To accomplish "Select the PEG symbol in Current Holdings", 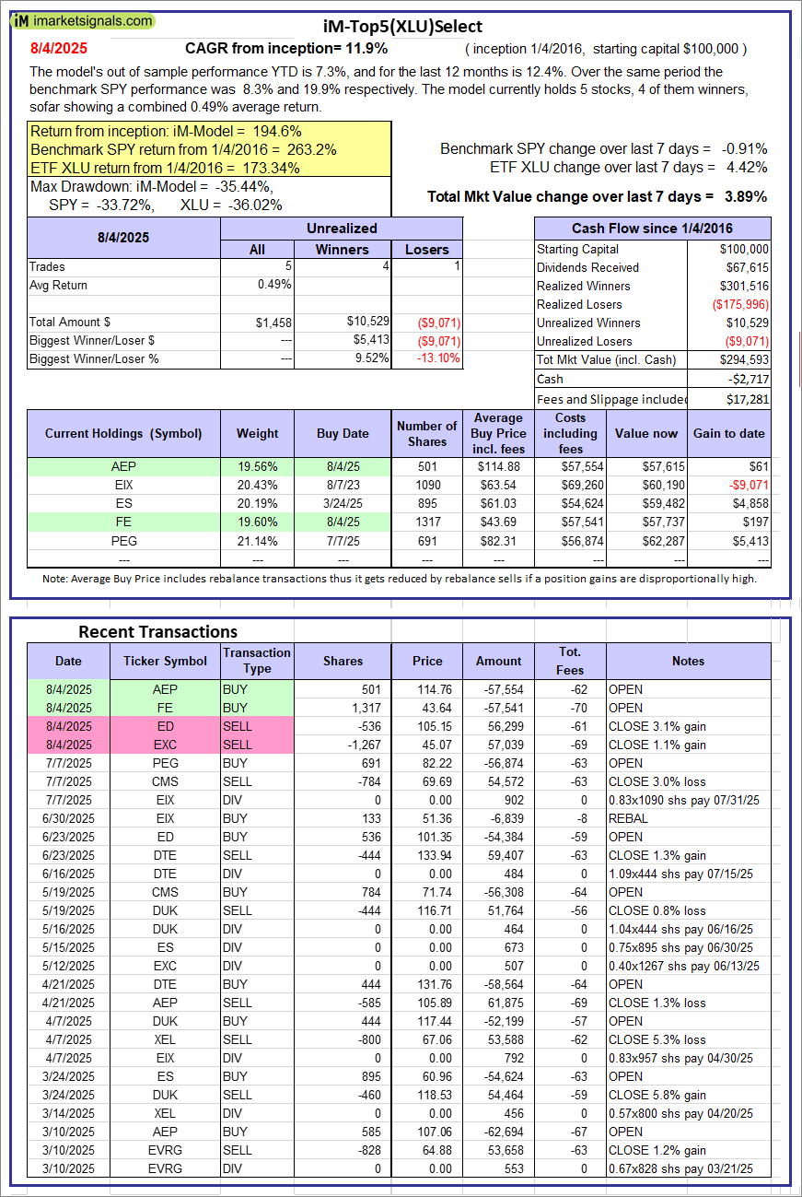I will pos(123,540).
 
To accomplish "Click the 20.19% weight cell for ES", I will pos(257,504).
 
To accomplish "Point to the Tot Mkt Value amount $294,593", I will pos(745,359).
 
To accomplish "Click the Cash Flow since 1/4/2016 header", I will pos(652,229).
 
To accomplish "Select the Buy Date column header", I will pos(343,433).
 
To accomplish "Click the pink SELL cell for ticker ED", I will pos(257,726).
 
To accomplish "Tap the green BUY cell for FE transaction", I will pos(257,708).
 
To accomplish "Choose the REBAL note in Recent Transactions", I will pos(626,818).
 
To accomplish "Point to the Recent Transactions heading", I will pos(157,631).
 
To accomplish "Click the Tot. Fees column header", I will pos(570,661).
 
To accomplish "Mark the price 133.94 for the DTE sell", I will pos(427,855).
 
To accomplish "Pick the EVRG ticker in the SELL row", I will pos(166,1150).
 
